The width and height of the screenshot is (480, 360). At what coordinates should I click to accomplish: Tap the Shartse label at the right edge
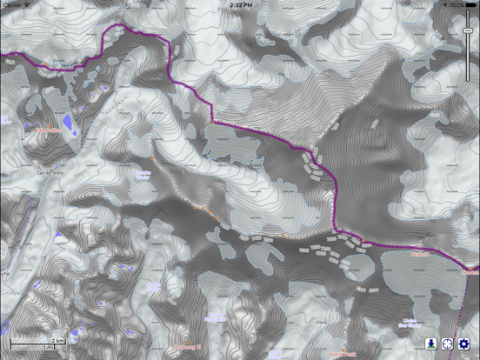[472, 271]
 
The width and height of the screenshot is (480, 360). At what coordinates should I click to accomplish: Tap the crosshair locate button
[447, 344]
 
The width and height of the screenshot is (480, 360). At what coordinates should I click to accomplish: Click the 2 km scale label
[58, 339]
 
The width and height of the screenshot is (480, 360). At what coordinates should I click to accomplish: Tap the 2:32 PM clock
[240, 4]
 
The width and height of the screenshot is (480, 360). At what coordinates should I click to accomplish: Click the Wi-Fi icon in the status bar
[26, 4]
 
